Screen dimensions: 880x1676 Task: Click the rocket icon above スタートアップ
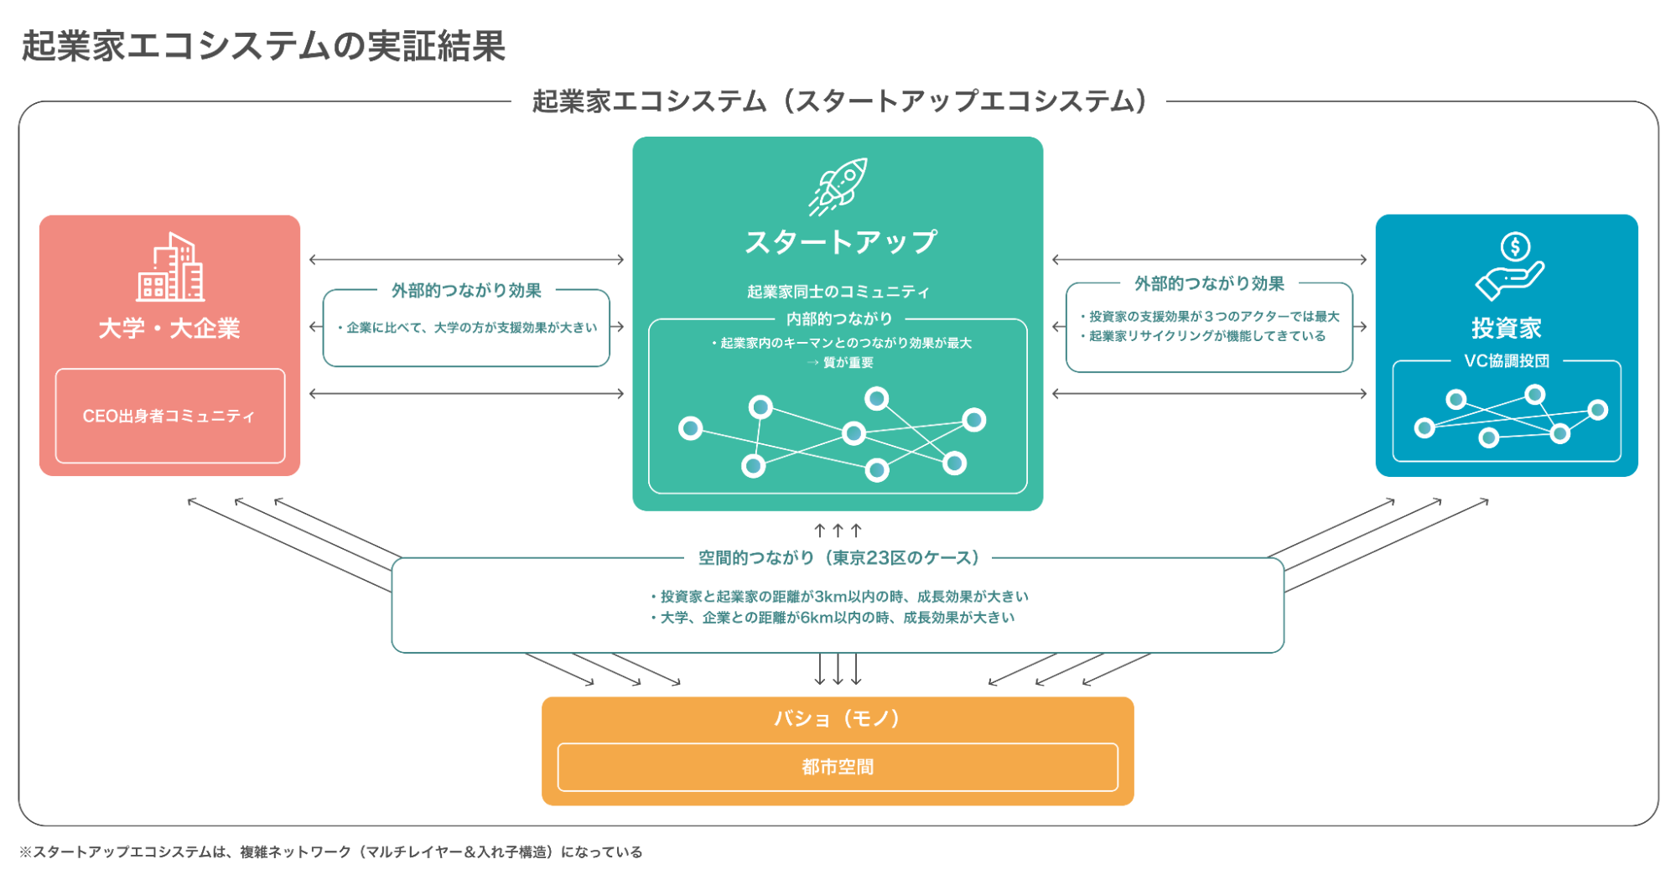pyautogui.click(x=838, y=186)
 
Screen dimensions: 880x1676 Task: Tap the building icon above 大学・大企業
pyautogui.click(x=170, y=267)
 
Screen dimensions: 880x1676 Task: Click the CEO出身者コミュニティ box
pyautogui.click(x=169, y=416)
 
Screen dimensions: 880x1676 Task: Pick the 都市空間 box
pyautogui.click(x=838, y=767)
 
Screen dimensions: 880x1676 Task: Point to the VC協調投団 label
pyautogui.click(x=1507, y=361)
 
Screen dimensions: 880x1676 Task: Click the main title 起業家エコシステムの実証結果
pyautogui.click(x=263, y=46)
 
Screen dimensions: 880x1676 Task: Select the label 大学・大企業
pyautogui.click(x=169, y=329)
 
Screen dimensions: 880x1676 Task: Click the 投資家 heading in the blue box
pyautogui.click(x=1507, y=329)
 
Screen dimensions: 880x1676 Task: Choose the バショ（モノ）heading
pyautogui.click(x=838, y=718)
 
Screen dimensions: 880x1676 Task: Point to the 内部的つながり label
pyautogui.click(x=839, y=319)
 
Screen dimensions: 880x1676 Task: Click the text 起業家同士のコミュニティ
pyautogui.click(x=838, y=292)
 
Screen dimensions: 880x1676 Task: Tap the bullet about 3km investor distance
pyautogui.click(x=839, y=597)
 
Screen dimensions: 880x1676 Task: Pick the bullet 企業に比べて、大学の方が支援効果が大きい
pyautogui.click(x=468, y=328)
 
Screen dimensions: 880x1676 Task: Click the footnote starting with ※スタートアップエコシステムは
pyautogui.click(x=331, y=852)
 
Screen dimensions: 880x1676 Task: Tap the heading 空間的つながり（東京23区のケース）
pyautogui.click(x=838, y=558)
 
